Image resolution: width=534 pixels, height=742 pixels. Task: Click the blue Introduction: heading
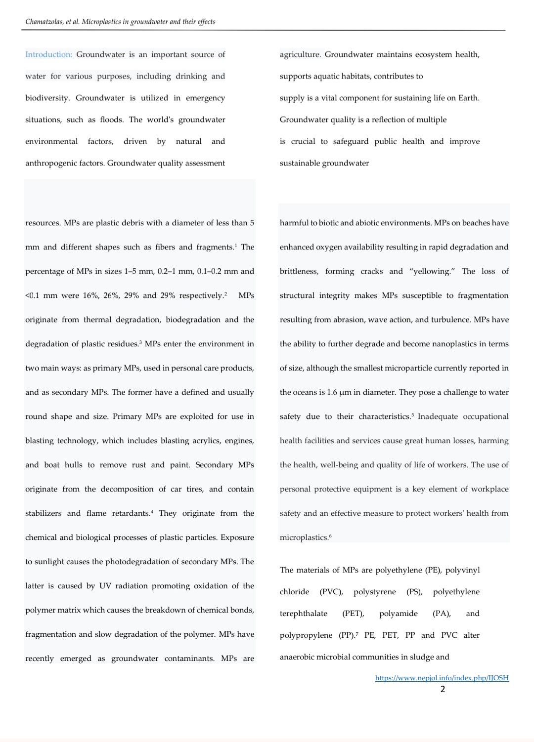pyautogui.click(x=48, y=54)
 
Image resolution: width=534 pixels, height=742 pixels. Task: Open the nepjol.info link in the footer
pyautogui.click(x=442, y=678)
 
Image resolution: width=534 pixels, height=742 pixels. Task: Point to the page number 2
pyautogui.click(x=443, y=689)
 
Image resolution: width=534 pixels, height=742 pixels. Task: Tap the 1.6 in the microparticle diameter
pyautogui.click(x=332, y=392)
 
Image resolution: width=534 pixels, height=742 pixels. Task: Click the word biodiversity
pyautogui.click(x=47, y=98)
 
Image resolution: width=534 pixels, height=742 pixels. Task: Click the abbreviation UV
pyautogui.click(x=105, y=586)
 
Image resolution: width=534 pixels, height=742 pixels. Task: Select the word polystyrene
pyautogui.click(x=374, y=592)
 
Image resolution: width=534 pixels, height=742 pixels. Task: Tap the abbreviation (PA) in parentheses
pyautogui.click(x=441, y=614)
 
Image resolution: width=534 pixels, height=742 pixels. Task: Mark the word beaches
pyautogui.click(x=468, y=223)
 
